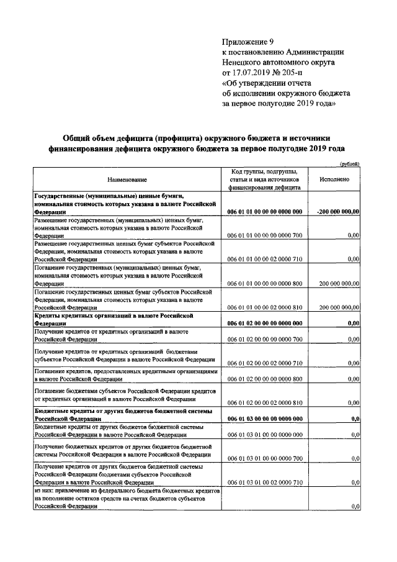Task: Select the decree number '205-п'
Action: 297,72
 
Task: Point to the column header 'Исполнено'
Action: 335,179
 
